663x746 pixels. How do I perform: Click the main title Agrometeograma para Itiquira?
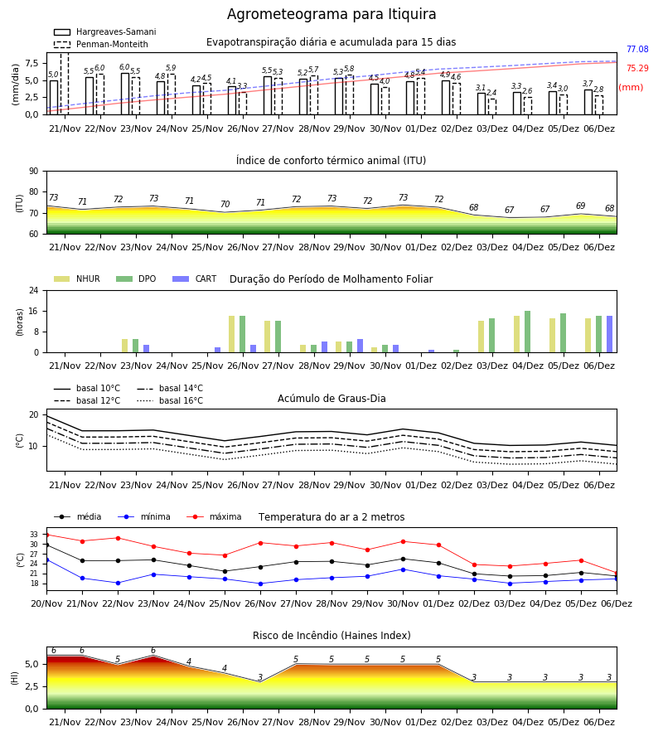[331, 14]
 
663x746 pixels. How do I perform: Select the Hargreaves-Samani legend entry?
[105, 31]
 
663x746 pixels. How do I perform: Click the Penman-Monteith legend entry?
[101, 44]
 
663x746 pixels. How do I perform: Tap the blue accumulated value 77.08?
[637, 49]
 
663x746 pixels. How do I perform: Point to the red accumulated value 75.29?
[637, 68]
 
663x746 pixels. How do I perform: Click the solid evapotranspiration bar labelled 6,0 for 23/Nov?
[125, 94]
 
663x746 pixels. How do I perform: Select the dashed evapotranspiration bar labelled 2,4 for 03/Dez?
[492, 107]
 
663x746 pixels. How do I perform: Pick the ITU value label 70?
[225, 204]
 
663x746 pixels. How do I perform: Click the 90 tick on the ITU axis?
[34, 172]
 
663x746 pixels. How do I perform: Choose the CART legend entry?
[195, 279]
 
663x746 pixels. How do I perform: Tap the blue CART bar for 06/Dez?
[610, 334]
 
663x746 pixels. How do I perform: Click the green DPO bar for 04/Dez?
[527, 332]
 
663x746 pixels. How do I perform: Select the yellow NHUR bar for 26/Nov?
[231, 334]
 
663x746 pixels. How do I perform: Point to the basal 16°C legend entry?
[170, 400]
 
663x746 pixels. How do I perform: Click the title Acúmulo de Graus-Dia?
[331, 399]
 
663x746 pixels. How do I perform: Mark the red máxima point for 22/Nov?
[118, 538]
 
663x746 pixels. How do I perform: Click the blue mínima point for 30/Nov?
[404, 569]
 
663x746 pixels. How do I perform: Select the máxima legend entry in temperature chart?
[214, 516]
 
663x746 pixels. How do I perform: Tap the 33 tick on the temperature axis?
[34, 535]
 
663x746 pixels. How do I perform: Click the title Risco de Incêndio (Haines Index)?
[331, 636]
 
